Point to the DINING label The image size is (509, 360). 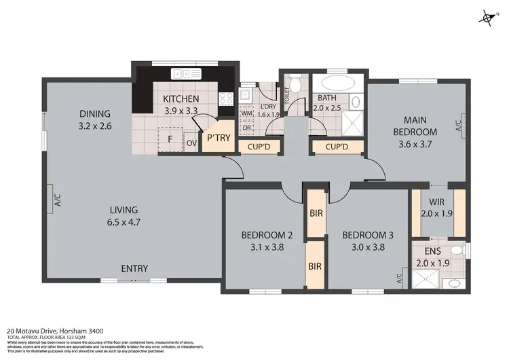click(94, 113)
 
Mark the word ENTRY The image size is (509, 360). click(134, 268)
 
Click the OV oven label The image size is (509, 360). click(191, 143)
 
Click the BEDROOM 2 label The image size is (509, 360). click(267, 236)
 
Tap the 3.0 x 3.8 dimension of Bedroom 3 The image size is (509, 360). click(367, 247)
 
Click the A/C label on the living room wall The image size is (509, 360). click(58, 200)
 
